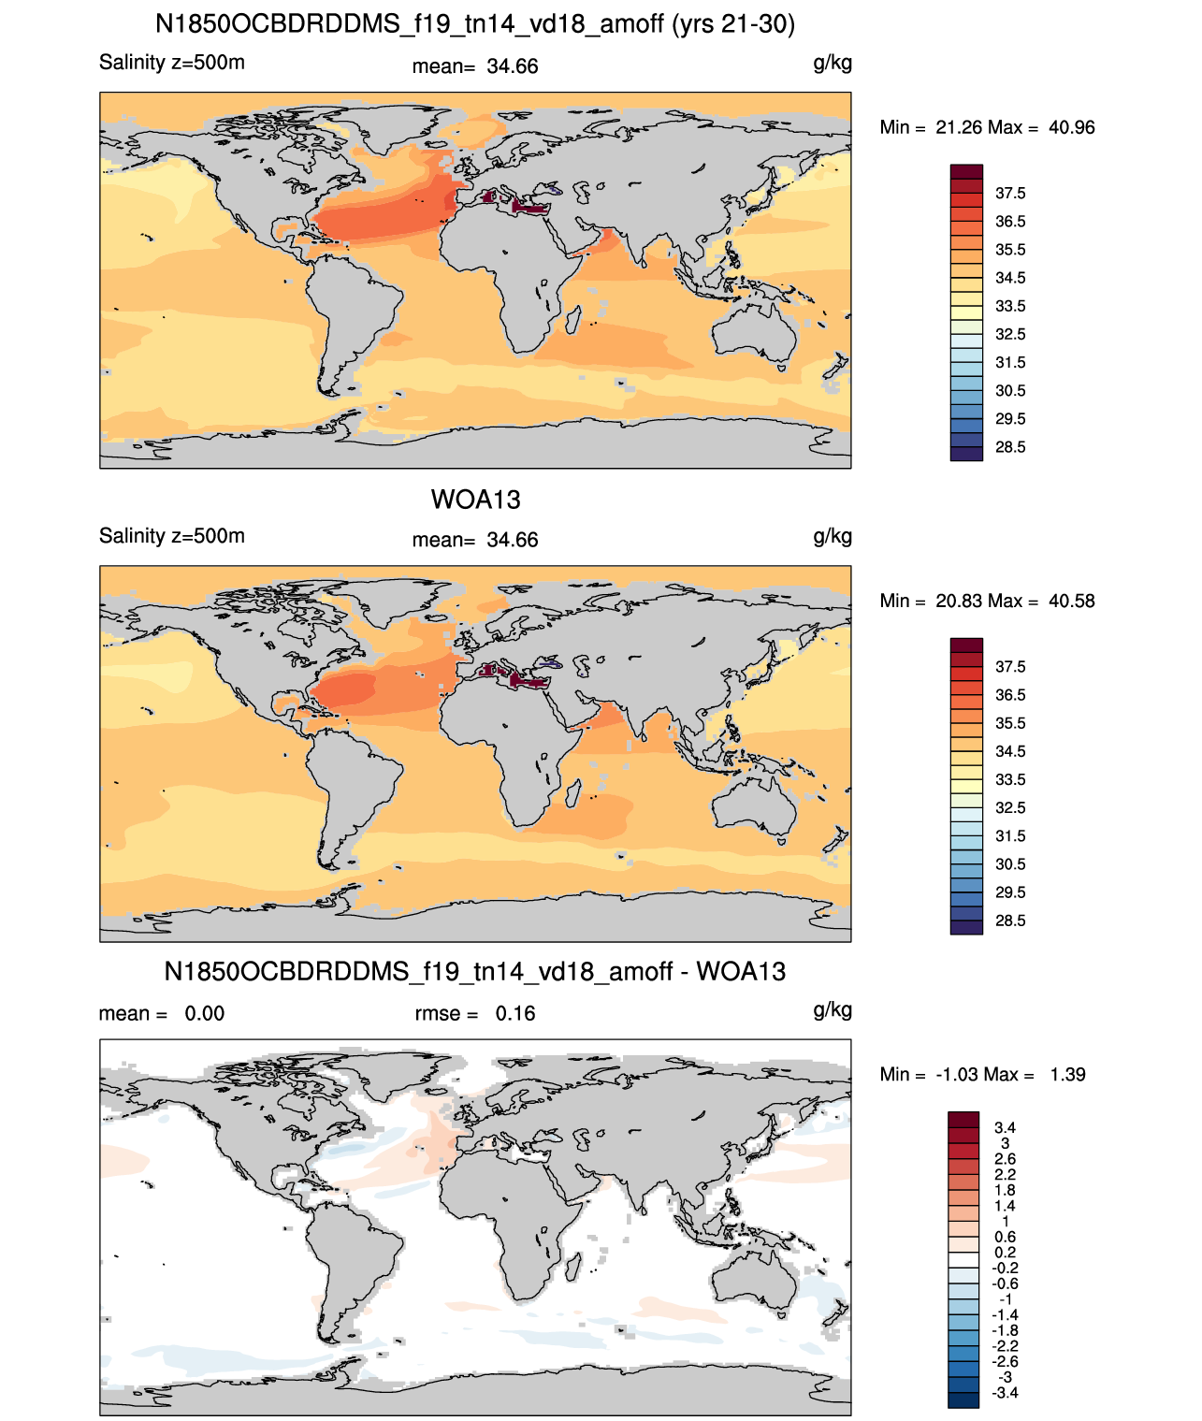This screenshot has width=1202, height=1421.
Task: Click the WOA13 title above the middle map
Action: pyautogui.click(x=475, y=500)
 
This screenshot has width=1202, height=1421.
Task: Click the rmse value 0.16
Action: pyautogui.click(x=514, y=1013)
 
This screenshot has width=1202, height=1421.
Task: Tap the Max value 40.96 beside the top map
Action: pyautogui.click(x=1071, y=127)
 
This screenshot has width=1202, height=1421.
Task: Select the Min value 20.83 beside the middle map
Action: pyautogui.click(x=958, y=601)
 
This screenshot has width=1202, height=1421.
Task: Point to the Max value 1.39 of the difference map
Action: pyautogui.click(x=1067, y=1075)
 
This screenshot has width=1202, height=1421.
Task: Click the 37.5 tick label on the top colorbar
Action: pyautogui.click(x=1010, y=194)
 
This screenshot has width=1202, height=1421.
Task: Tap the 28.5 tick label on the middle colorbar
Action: pyautogui.click(x=1010, y=921)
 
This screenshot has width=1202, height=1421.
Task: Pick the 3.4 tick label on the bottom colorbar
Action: pyautogui.click(x=1005, y=1127)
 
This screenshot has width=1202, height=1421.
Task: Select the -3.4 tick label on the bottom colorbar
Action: pyautogui.click(x=1005, y=1394)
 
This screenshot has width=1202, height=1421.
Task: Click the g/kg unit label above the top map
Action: pyautogui.click(x=833, y=64)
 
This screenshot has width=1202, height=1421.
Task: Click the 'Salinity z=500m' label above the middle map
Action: pyautogui.click(x=172, y=535)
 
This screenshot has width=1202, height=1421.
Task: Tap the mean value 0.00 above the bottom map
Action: pyautogui.click(x=204, y=1013)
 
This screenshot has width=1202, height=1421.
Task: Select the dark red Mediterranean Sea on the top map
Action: pyautogui.click(x=515, y=204)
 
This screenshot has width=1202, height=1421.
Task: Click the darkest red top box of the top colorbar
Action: pyautogui.click(x=966, y=172)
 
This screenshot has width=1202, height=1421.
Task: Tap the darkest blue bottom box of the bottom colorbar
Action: pyautogui.click(x=963, y=1400)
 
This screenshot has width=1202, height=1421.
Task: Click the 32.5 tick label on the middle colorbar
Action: pyautogui.click(x=1010, y=807)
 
